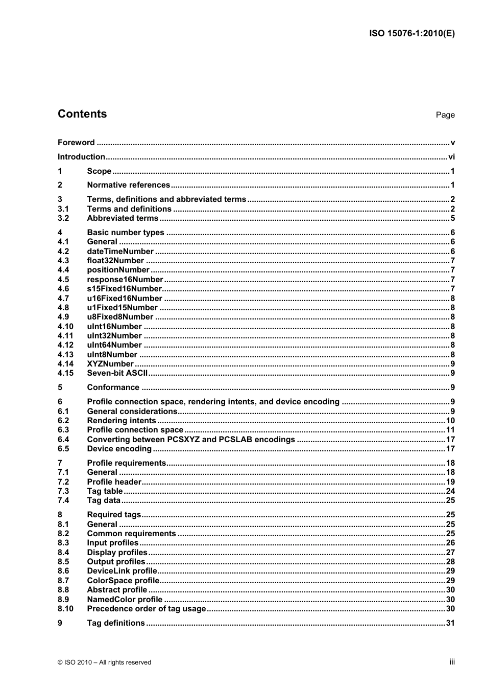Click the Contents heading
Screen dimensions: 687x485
coord(82,114)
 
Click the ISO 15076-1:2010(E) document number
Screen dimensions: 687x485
coord(411,34)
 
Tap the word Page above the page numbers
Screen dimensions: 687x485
coord(445,115)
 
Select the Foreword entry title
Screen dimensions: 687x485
coord(76,143)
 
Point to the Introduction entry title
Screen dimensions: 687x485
coord(81,157)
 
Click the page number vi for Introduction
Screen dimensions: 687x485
coord(451,157)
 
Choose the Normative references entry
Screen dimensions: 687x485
coord(128,185)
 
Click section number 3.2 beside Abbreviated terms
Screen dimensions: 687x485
coord(63,218)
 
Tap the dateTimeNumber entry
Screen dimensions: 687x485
coord(120,251)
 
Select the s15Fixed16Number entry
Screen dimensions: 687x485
coord(124,289)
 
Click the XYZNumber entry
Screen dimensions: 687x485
coord(110,364)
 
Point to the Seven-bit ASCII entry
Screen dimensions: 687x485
coord(117,373)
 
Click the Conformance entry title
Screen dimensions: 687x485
coord(113,387)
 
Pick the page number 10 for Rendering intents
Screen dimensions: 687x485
coord(450,421)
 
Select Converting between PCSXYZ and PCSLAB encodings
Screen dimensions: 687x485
coord(191,440)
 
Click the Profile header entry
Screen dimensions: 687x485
coord(114,482)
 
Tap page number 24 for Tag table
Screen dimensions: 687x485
coord(450,491)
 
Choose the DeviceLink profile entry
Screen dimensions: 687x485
coord(122,571)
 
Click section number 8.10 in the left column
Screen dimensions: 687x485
coord(65,609)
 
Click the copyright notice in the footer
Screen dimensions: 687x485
coord(104,662)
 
